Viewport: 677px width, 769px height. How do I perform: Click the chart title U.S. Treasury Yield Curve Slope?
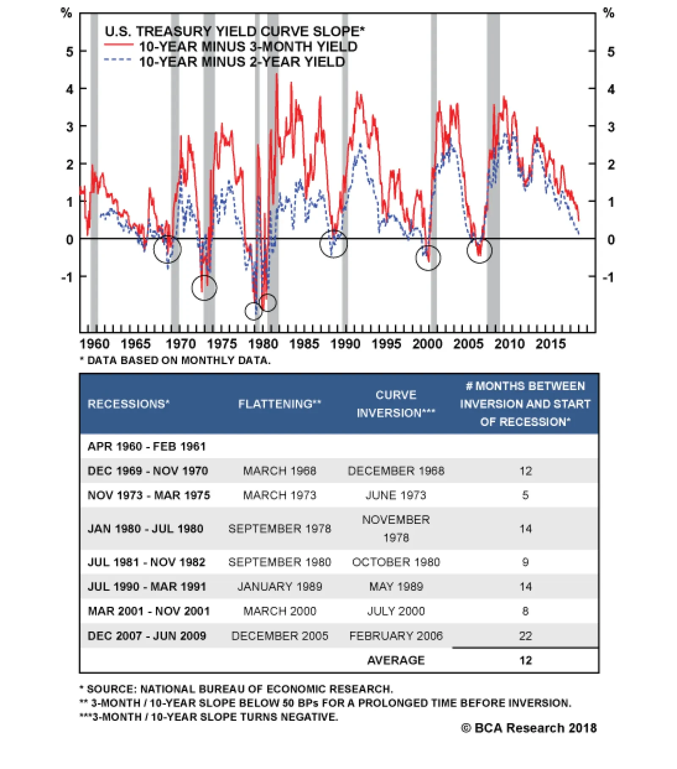coord(234,31)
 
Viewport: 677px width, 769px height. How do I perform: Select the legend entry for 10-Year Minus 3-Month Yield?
coord(248,47)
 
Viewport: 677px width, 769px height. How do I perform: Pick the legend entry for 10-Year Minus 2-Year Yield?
coord(242,62)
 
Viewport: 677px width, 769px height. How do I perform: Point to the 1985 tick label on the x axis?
coord(304,343)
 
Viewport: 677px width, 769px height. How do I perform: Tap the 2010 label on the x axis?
coord(509,343)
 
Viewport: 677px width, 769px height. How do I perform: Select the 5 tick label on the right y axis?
coord(611,52)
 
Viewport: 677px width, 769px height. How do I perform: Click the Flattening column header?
coord(279,404)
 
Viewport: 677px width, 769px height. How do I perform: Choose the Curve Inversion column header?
coord(396,404)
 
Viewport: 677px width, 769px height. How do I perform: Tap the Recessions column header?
coord(128,404)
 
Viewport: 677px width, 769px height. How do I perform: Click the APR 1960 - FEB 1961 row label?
coord(146,446)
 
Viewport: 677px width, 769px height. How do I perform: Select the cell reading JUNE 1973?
coord(396,495)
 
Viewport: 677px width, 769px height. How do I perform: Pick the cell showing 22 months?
coord(525,636)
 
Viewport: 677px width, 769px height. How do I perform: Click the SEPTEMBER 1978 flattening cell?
coord(279,528)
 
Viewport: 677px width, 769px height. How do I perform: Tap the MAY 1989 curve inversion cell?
coord(396,586)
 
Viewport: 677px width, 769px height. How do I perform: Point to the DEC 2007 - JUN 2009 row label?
coord(146,636)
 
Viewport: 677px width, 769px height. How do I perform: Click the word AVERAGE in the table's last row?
coord(396,660)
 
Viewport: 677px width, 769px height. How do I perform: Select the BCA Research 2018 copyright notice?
coord(528,728)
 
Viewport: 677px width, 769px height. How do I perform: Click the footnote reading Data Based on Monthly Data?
coord(175,360)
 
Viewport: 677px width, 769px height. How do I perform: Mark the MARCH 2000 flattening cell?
coord(279,611)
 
